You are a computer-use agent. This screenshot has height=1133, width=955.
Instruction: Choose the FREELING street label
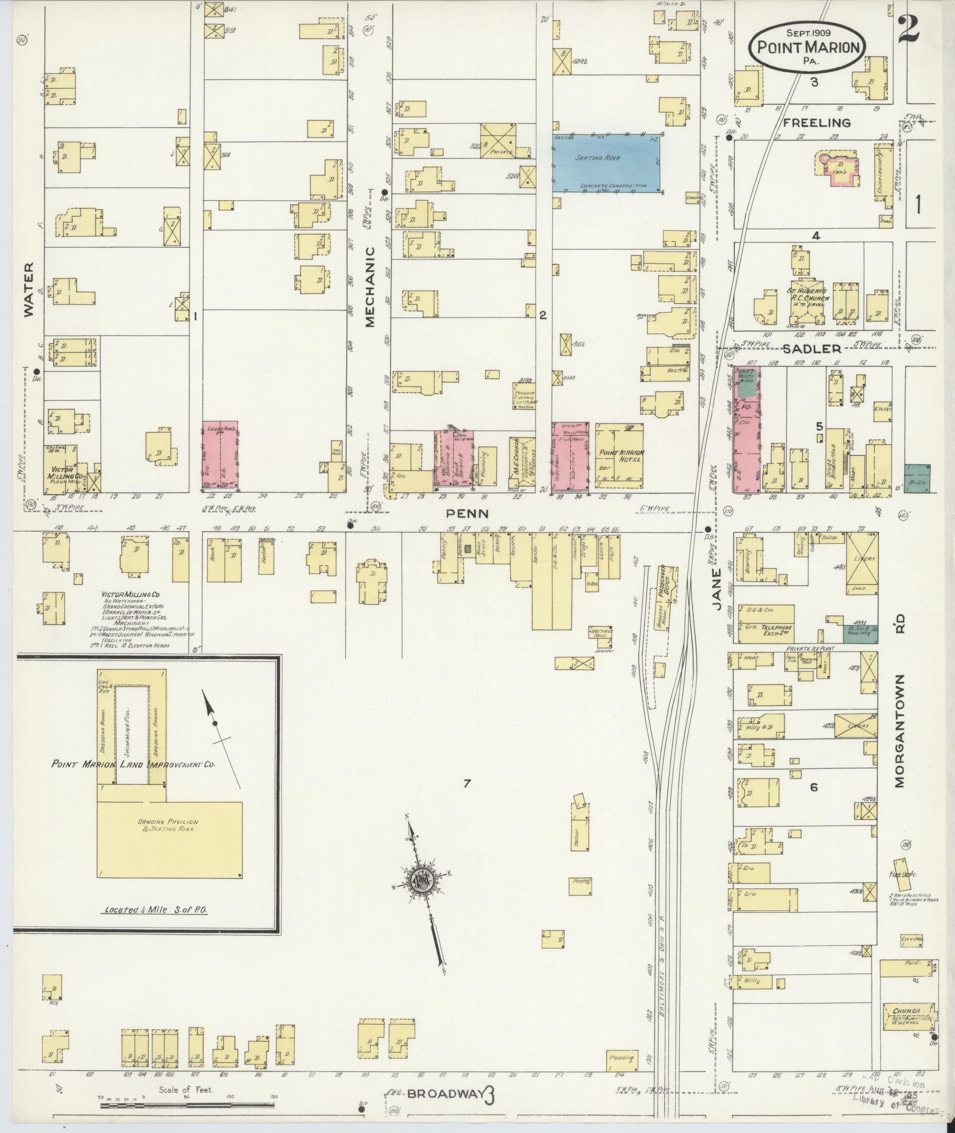[x=817, y=123]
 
